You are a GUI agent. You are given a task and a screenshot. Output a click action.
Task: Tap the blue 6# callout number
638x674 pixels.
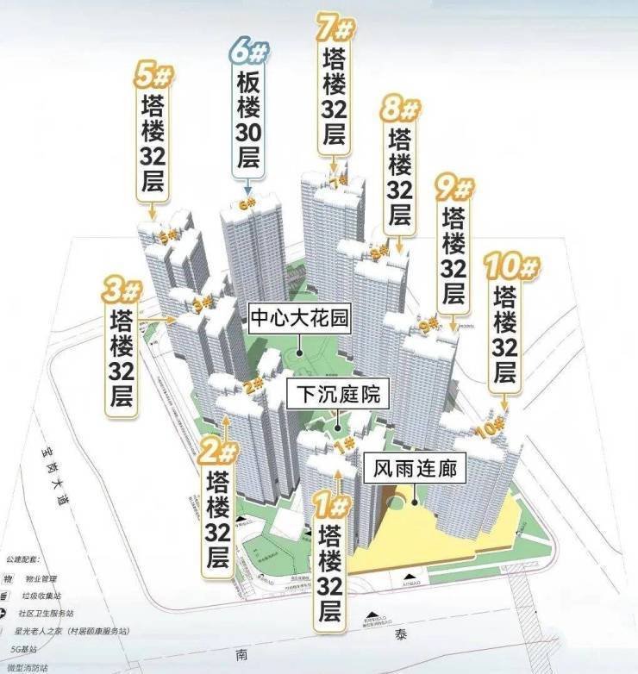(x=248, y=52)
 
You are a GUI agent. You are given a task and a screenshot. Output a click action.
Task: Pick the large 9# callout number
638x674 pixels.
(x=453, y=187)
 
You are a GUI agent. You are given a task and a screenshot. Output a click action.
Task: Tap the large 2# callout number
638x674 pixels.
(x=218, y=451)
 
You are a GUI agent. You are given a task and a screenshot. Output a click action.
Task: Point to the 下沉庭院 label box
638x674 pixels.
(x=337, y=396)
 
